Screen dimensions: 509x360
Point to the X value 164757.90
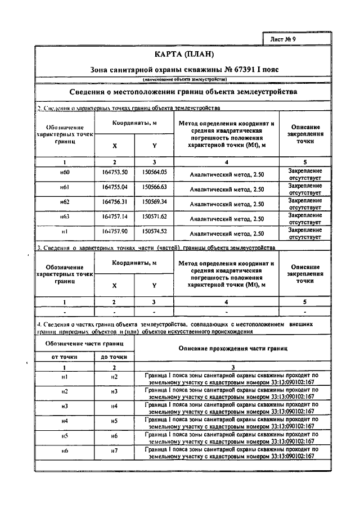point(114,231)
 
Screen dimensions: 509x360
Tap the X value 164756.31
point(114,201)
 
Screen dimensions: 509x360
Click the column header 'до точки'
point(114,357)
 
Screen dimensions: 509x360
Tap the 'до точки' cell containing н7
point(114,452)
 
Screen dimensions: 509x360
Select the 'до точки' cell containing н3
point(114,391)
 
